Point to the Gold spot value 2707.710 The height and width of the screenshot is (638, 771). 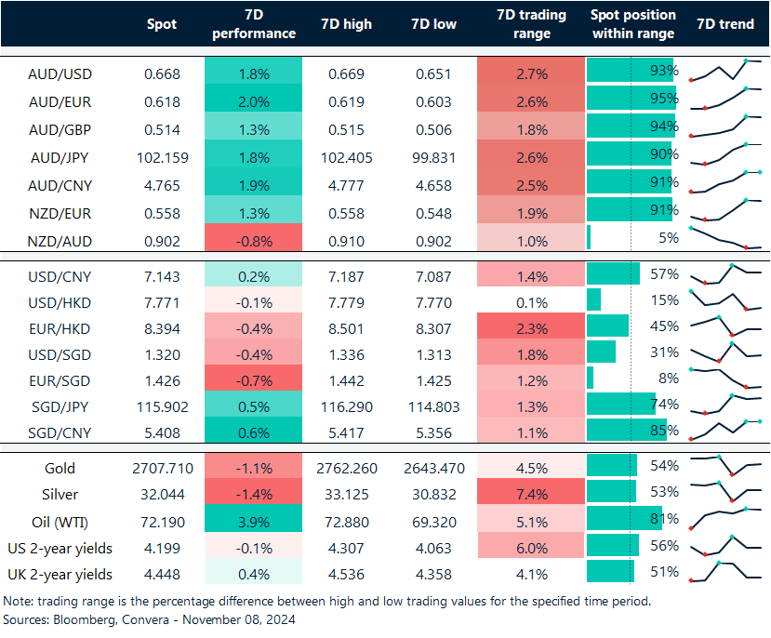(162, 469)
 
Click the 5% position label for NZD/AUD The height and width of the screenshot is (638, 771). (668, 237)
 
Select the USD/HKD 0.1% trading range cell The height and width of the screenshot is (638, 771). (531, 301)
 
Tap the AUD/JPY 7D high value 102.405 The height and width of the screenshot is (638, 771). (345, 157)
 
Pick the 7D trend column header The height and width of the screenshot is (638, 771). (724, 24)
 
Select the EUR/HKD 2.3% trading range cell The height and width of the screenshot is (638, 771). (531, 326)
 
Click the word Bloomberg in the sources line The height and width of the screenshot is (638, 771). (85, 618)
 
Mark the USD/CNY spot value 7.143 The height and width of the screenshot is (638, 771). (162, 276)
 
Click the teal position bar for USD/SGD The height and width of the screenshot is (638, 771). (602, 352)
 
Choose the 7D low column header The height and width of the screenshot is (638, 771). (433, 24)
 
